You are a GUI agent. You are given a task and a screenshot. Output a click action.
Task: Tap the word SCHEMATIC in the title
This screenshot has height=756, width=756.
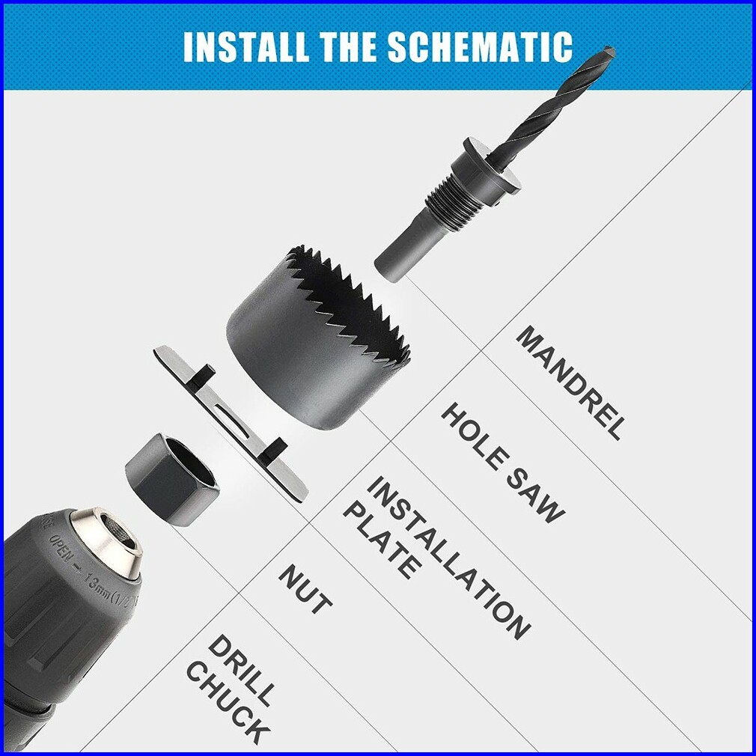480,46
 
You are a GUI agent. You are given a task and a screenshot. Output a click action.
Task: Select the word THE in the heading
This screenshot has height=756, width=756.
348,46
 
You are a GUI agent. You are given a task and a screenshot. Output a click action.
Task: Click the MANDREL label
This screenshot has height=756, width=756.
571,382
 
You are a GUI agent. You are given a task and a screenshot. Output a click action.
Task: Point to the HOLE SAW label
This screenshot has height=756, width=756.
502,463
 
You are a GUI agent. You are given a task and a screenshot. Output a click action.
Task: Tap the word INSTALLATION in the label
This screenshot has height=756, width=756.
448,558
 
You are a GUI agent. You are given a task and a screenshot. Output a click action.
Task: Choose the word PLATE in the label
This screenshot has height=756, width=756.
380,540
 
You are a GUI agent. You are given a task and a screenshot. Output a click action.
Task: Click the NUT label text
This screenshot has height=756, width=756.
305,588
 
